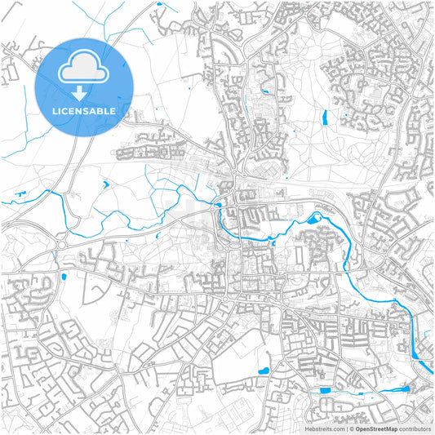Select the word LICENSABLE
85,110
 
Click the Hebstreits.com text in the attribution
324,428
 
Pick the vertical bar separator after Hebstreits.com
345,428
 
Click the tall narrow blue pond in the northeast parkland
325,118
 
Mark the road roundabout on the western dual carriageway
61,243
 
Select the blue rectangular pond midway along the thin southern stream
326,391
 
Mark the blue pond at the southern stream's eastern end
399,390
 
